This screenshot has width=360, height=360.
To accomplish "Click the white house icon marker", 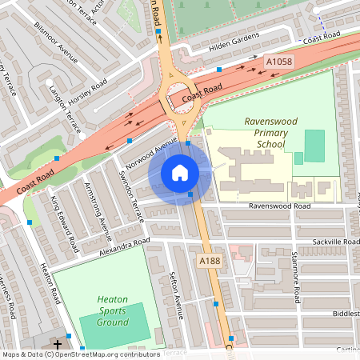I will pos(180,172).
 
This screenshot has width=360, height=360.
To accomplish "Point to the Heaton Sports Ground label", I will pos(113,310).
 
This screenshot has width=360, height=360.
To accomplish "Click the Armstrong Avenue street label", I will pos(97,211).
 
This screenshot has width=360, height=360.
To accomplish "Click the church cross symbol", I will pos(57,346).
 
